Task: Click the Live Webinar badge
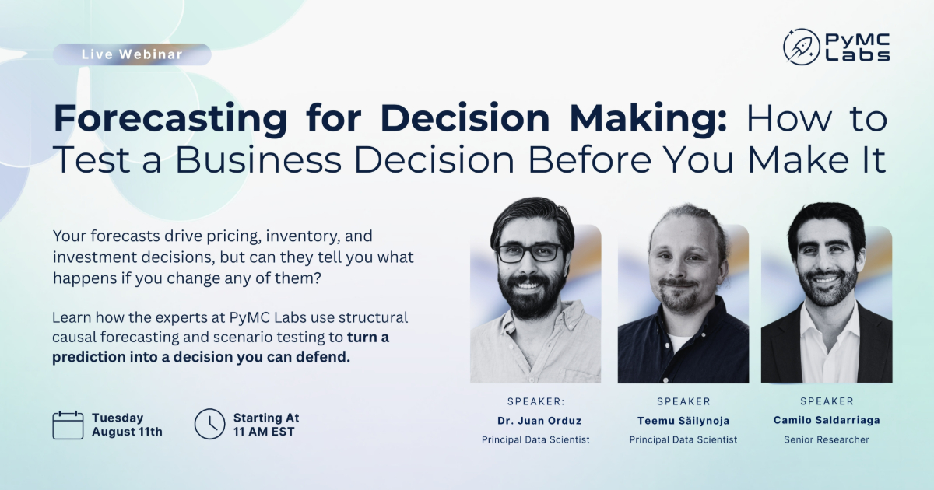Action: pos(132,54)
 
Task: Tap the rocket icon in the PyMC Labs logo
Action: pos(801,47)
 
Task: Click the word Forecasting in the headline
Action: pos(170,120)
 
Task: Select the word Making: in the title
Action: pos(648,120)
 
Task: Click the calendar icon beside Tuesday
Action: pos(68,425)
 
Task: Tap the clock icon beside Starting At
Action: pos(209,424)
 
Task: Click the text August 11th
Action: pos(127,432)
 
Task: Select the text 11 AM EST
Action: pos(264,432)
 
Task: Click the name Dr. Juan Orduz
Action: pos(539,421)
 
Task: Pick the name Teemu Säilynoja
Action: pos(683,421)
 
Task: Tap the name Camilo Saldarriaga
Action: pos(827,420)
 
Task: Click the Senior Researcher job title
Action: pos(827,439)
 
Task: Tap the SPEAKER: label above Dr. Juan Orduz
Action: pos(536,401)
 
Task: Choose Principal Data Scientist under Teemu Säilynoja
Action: pos(683,439)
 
